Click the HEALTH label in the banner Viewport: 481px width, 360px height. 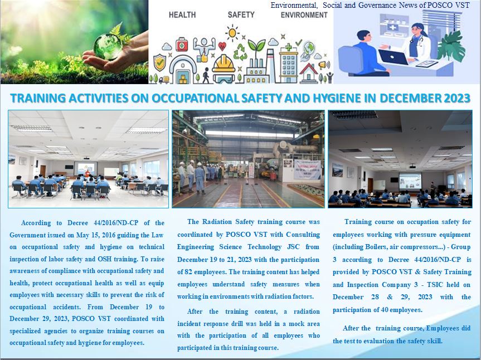[x=182, y=14]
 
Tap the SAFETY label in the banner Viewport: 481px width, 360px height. [x=241, y=14]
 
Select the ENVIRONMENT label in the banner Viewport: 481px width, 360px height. [x=304, y=14]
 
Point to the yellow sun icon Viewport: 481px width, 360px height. [x=232, y=32]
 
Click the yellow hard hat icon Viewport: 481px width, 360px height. [x=224, y=64]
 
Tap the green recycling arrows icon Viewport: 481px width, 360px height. [x=240, y=52]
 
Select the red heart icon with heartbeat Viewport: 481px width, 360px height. [x=222, y=46]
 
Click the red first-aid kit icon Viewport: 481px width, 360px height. [x=182, y=45]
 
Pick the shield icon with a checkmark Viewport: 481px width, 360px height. [x=159, y=62]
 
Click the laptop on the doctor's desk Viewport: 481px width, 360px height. [x=393, y=57]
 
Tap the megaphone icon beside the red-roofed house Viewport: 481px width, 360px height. [x=323, y=65]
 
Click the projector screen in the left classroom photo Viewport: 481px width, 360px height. [x=86, y=168]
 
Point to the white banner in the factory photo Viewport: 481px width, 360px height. [x=307, y=169]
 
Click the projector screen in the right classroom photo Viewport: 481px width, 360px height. [x=410, y=181]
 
